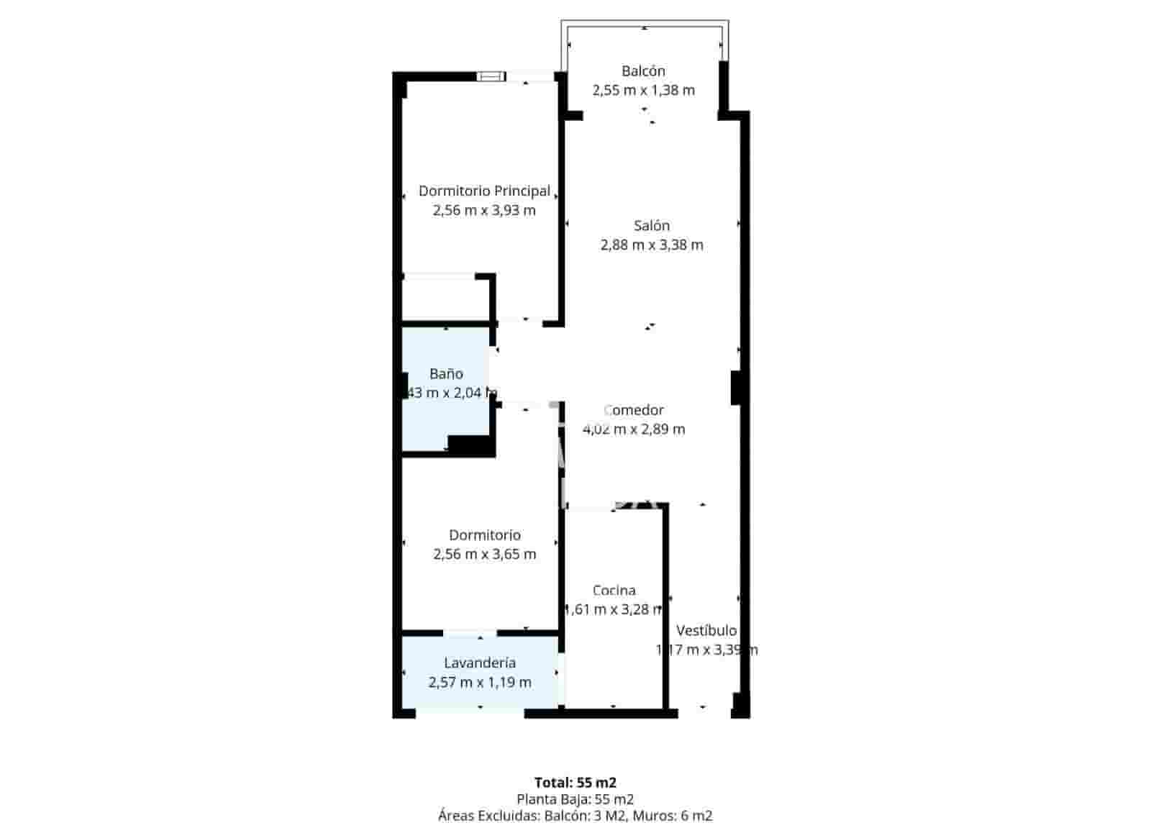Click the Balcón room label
click(x=643, y=70)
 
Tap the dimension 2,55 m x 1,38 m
click(x=643, y=90)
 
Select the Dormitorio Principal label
click(x=484, y=191)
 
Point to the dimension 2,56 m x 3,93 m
click(x=484, y=210)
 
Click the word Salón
click(x=652, y=225)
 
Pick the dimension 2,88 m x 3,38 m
click(x=652, y=245)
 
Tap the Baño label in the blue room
click(x=446, y=373)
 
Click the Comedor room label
click(x=634, y=410)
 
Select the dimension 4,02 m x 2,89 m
click(x=634, y=429)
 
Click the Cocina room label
click(x=614, y=590)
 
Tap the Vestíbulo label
click(x=706, y=630)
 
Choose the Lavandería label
click(x=480, y=663)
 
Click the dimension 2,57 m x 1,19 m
click(x=480, y=682)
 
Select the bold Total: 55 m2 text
click(x=575, y=782)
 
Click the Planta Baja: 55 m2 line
click(x=575, y=799)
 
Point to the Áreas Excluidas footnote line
click(x=575, y=815)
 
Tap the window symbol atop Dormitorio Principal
click(x=491, y=75)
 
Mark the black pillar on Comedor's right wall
click(x=736, y=387)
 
